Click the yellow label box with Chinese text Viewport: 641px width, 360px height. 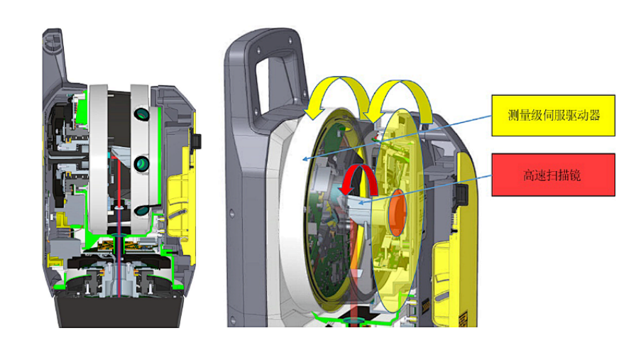pyautogui.click(x=553, y=115)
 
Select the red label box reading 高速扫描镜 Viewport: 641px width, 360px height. pyautogui.click(x=553, y=175)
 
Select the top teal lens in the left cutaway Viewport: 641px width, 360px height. pyautogui.click(x=141, y=114)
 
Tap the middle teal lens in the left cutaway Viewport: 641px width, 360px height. pyautogui.click(x=141, y=163)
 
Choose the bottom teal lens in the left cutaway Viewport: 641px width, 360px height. pyautogui.click(x=141, y=210)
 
